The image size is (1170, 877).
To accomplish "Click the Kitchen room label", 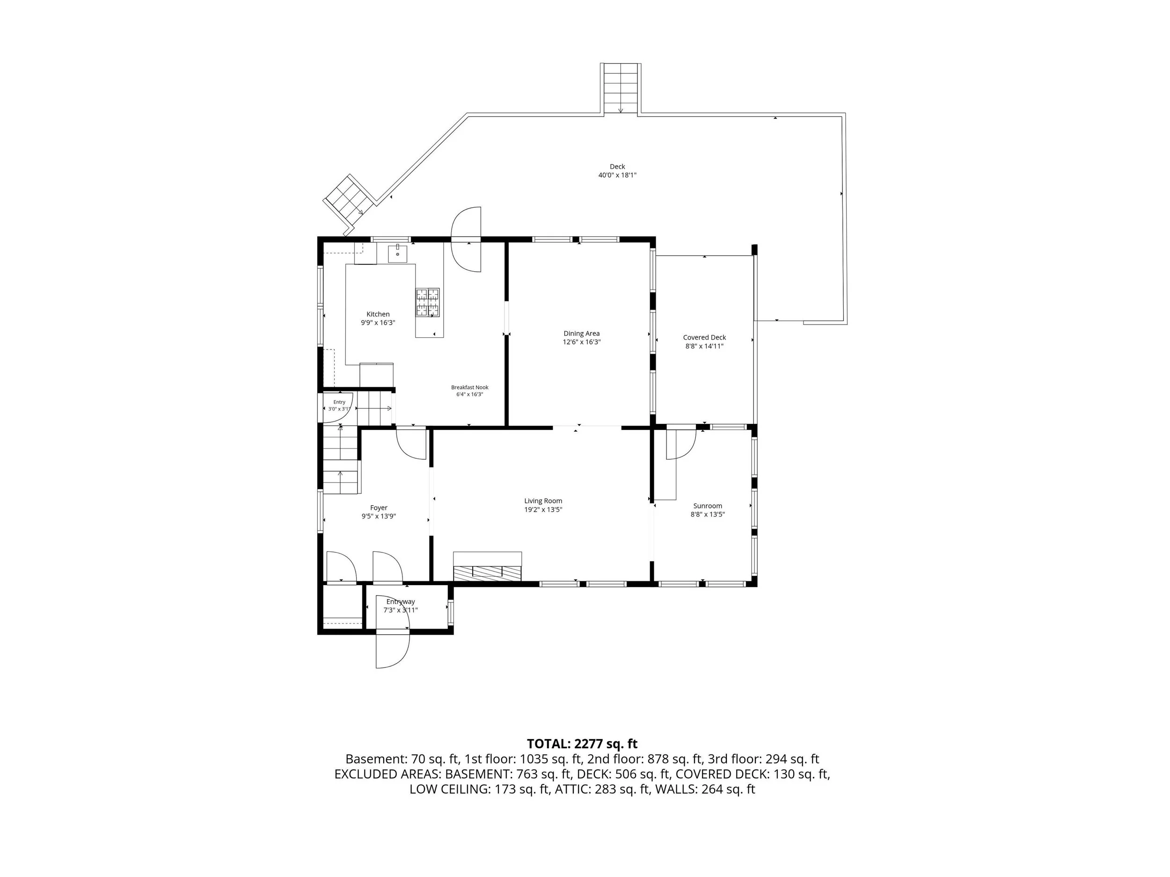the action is point(378,314).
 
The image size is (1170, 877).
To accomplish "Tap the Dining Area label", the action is point(581,333).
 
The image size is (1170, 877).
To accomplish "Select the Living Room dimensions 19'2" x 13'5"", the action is point(543,510).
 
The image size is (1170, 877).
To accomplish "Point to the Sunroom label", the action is point(708,506).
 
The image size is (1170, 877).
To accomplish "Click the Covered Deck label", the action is point(704,337).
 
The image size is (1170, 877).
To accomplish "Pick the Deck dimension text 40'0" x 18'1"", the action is point(617,175).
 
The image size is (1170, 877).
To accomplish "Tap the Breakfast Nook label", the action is point(470,387).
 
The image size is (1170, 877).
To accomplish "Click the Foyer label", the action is point(379,508).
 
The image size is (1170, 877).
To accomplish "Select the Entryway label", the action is point(401,602).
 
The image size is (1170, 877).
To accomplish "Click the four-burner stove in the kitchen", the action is point(427,302).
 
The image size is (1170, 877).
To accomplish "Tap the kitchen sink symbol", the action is point(397,254).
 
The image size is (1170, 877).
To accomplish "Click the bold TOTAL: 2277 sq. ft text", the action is point(582,744).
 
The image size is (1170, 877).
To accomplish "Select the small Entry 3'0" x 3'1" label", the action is point(339,406).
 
